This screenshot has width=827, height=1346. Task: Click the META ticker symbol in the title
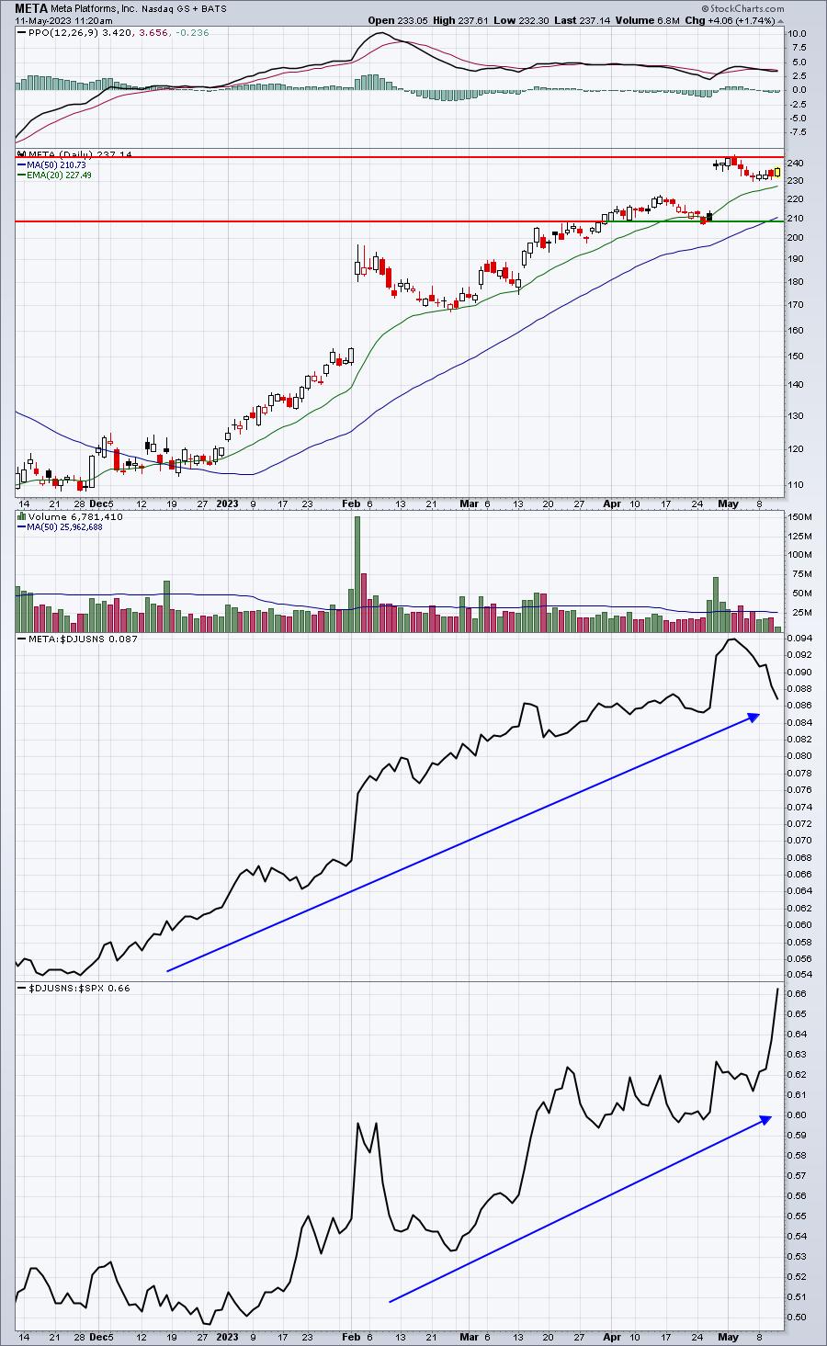pyautogui.click(x=31, y=8)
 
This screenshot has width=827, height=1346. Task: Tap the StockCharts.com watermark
pyautogui.click(x=742, y=8)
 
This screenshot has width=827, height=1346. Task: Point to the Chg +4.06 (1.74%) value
pyautogui.click(x=732, y=20)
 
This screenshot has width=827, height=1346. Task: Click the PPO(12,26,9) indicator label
pyautogui.click(x=65, y=32)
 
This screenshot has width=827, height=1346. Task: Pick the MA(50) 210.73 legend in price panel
pyautogui.click(x=56, y=164)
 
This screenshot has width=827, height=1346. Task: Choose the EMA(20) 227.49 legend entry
pyautogui.click(x=59, y=175)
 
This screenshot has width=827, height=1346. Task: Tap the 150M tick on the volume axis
pyautogui.click(x=800, y=516)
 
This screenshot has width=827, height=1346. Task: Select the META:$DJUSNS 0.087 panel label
pyautogui.click(x=83, y=639)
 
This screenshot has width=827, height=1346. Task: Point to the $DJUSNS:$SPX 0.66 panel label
pyautogui.click(x=79, y=988)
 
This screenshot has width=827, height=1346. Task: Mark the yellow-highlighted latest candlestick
pyautogui.click(x=777, y=173)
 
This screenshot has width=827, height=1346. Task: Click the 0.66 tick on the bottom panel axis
pyautogui.click(x=797, y=994)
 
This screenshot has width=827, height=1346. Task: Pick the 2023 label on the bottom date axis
pyautogui.click(x=227, y=1337)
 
